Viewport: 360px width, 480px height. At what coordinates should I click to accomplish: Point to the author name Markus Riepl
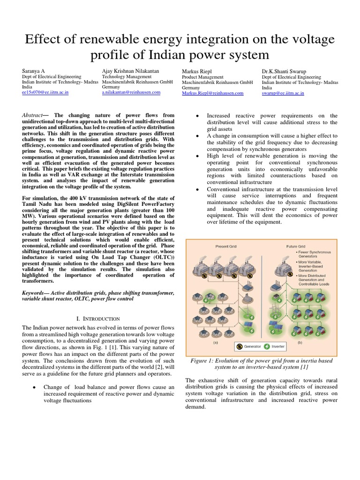[196, 70]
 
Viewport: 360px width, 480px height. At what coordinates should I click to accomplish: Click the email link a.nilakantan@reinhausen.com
[131, 92]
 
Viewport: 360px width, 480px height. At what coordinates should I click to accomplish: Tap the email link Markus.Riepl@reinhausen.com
[212, 93]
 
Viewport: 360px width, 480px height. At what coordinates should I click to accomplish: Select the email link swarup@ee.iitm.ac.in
[283, 93]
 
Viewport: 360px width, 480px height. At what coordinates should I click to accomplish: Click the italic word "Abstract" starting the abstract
[36, 115]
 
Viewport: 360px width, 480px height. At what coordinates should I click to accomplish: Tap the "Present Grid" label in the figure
[226, 245]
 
